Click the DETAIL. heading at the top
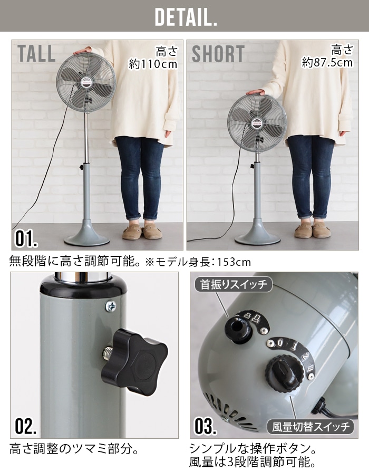point(186,17)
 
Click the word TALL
point(36,54)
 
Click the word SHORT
point(218,54)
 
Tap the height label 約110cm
point(153,64)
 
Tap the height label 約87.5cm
point(327,62)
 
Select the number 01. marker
point(26,238)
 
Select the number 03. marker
point(206,426)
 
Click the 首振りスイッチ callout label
point(234,284)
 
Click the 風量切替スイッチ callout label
point(310,427)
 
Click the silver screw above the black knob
point(111,306)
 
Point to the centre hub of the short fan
point(257,123)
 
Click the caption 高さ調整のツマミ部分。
point(74,449)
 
